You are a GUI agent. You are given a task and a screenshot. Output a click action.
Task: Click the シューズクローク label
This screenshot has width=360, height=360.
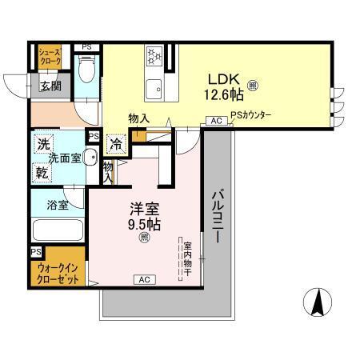(51, 57)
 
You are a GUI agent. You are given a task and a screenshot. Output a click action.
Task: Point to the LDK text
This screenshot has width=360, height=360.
(223, 79)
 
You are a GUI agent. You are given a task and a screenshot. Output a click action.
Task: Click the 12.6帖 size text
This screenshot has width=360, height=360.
(224, 96)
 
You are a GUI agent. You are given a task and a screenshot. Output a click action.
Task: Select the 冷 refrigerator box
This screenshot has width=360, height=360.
(117, 145)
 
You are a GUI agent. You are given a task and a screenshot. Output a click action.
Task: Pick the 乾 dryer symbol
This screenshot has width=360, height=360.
(42, 171)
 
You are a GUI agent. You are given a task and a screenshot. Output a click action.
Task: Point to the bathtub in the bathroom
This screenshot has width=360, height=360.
(58, 229)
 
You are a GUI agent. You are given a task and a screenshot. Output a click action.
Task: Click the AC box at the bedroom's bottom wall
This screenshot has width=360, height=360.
(145, 279)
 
